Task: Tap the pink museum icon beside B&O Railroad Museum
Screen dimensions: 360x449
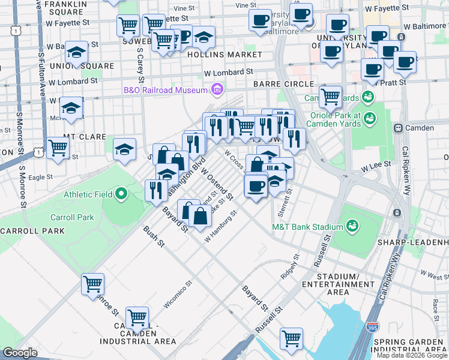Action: tap(217, 91)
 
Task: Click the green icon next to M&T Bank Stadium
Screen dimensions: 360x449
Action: tap(354, 226)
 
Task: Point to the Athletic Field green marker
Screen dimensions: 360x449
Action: tap(121, 194)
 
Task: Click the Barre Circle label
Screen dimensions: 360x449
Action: tap(283, 84)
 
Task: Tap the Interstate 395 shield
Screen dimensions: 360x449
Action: tap(372, 329)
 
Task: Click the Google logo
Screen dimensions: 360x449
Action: tap(20, 353)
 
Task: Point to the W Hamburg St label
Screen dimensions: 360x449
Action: tap(221, 227)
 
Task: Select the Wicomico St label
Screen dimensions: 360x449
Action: tap(178, 295)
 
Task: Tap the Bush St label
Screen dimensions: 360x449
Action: tap(153, 236)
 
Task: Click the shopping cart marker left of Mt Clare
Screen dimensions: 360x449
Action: tap(58, 146)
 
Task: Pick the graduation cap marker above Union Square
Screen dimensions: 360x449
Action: tap(76, 52)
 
